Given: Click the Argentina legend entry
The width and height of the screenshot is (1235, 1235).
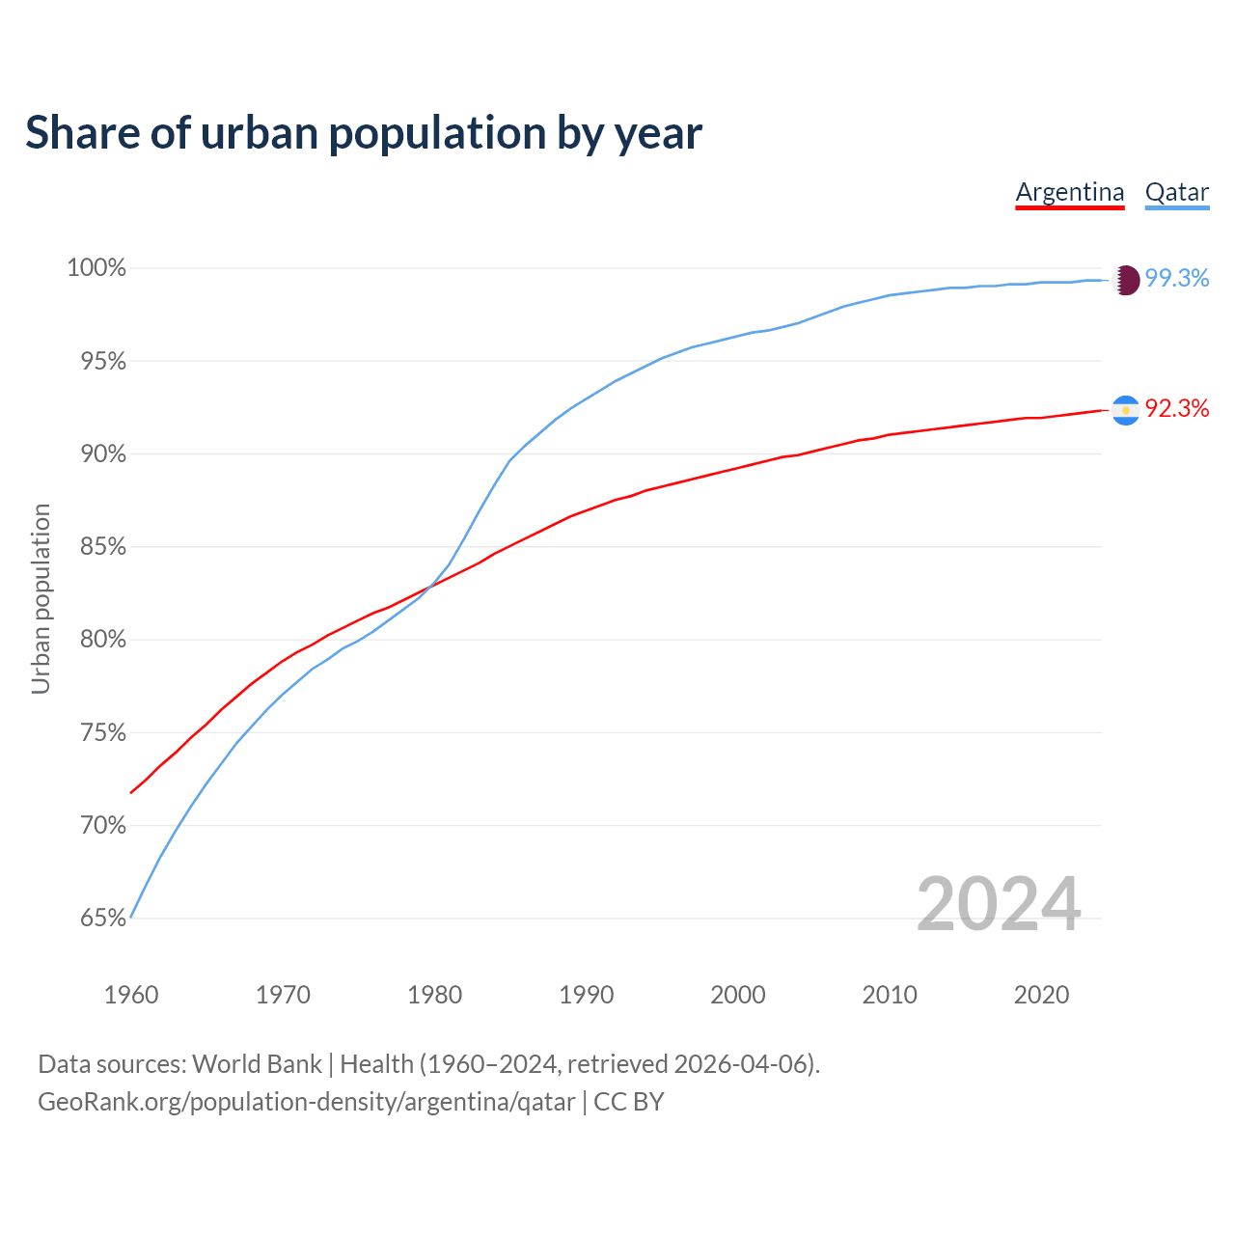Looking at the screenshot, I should [x=1070, y=192].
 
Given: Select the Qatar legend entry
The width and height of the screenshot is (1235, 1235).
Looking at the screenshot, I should [x=1177, y=192].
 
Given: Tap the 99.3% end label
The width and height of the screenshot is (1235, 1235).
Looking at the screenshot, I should [x=1177, y=278].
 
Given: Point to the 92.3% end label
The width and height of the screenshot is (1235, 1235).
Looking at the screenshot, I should [x=1177, y=408].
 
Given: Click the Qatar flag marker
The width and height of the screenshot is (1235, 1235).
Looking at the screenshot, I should [x=1126, y=280].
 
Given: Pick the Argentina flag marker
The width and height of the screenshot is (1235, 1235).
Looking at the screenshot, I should [x=1126, y=410].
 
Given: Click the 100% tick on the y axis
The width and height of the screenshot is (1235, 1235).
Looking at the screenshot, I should [x=96, y=267].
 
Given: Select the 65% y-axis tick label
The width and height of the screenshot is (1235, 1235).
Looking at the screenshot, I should [x=103, y=918].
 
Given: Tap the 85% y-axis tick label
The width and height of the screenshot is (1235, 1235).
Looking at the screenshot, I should [x=103, y=546].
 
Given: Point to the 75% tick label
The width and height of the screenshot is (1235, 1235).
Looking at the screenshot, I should [x=103, y=732].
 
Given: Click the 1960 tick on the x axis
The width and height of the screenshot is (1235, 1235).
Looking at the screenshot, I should [x=131, y=994].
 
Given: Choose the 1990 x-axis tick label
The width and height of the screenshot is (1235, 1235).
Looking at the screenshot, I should [x=587, y=994].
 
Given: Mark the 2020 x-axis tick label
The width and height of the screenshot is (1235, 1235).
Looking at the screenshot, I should [x=1041, y=994].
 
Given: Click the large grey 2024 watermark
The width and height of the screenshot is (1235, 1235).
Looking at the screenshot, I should [x=999, y=904].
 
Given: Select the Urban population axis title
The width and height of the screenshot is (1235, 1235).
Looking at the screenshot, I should [x=41, y=598].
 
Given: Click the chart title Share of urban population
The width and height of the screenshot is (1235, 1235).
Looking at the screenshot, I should [x=364, y=132].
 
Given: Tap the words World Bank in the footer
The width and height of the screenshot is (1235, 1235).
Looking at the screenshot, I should [x=257, y=1063].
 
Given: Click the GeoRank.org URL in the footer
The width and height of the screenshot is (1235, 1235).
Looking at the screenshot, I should [x=306, y=1101].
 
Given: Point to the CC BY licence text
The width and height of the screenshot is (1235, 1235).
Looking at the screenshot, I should [x=628, y=1101].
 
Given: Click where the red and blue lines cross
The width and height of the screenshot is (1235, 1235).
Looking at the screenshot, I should [x=427, y=585].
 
